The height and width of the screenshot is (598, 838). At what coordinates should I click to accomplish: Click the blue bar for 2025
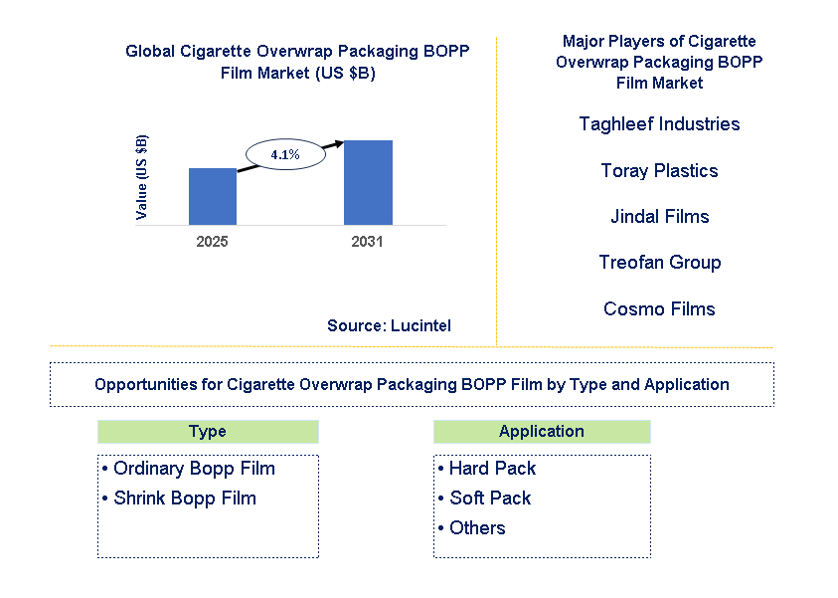tap(213, 196)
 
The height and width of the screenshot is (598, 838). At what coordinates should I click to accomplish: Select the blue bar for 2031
tap(368, 182)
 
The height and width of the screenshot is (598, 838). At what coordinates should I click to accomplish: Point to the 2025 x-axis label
tap(213, 242)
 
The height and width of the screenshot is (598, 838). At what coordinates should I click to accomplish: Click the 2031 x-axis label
tap(367, 242)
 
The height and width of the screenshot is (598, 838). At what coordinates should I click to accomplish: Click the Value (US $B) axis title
tap(142, 177)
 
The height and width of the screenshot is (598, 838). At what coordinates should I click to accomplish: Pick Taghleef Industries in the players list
tap(659, 124)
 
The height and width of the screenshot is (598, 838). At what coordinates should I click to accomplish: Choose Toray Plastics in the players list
tap(659, 171)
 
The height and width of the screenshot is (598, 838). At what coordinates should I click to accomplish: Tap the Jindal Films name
tap(659, 217)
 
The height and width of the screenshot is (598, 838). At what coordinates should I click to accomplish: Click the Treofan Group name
tap(659, 263)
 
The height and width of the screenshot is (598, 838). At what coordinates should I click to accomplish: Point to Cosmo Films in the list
tap(659, 309)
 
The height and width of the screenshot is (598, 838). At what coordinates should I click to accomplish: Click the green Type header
tap(208, 432)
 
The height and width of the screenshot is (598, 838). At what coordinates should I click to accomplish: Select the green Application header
tap(542, 432)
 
